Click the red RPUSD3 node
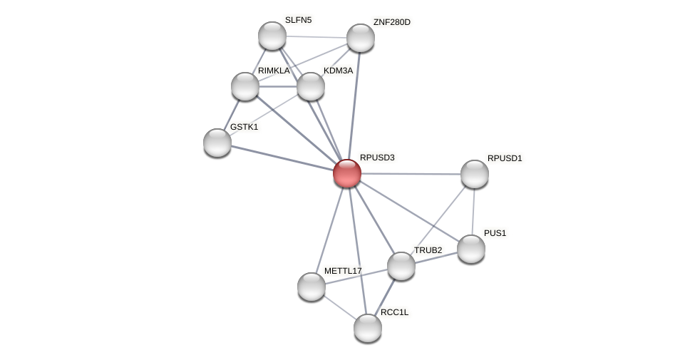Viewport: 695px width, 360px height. coord(347,173)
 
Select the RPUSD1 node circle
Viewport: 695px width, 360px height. coord(474,174)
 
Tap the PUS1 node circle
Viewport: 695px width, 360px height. coord(470,249)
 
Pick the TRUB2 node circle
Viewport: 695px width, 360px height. coord(401,266)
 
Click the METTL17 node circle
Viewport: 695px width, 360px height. coord(312,287)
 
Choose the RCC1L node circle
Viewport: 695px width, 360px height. coord(368,328)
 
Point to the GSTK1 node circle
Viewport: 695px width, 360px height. coord(217,143)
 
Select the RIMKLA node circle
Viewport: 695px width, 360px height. coord(245,86)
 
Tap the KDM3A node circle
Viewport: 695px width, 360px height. coord(311,86)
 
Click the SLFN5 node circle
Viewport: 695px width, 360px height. coord(272,36)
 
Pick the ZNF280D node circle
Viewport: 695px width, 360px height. coord(361,38)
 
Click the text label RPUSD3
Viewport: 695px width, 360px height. coord(376,158)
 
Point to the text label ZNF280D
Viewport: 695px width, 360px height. coord(391,22)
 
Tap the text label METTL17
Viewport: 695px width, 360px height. coord(343,271)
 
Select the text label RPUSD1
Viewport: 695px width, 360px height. coord(505,158)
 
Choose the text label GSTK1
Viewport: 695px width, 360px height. coord(244,127)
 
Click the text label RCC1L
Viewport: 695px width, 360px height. coord(394,312)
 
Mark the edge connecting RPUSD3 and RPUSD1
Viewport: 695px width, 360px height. coord(411,174)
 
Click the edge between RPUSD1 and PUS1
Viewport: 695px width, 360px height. coord(473,212)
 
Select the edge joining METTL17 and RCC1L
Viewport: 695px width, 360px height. coord(339,307)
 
